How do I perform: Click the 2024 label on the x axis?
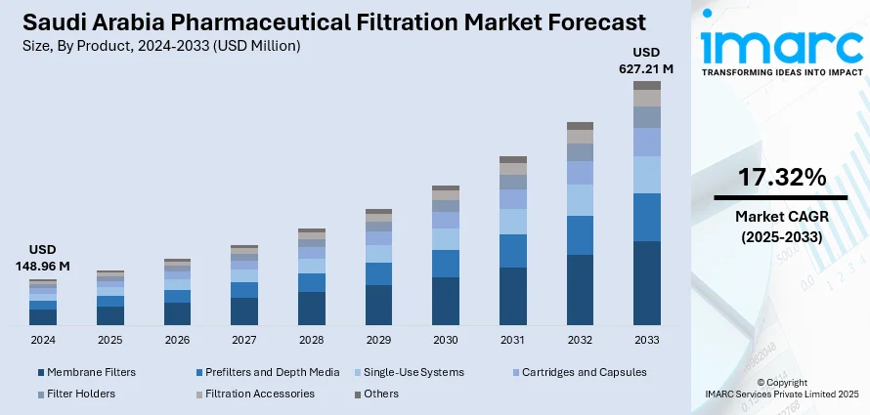43,340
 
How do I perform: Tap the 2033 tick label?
646,340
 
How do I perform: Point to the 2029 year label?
378,340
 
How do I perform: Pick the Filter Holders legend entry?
81,394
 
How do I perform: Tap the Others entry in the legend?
380,394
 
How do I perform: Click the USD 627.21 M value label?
646,61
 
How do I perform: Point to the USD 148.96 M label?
43,258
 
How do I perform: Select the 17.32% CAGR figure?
781,178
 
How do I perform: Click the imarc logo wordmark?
781,44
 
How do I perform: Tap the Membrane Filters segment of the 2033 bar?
646,282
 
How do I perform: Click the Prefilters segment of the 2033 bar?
646,217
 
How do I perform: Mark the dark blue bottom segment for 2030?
446,301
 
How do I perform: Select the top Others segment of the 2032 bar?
580,126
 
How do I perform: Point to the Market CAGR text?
781,217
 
